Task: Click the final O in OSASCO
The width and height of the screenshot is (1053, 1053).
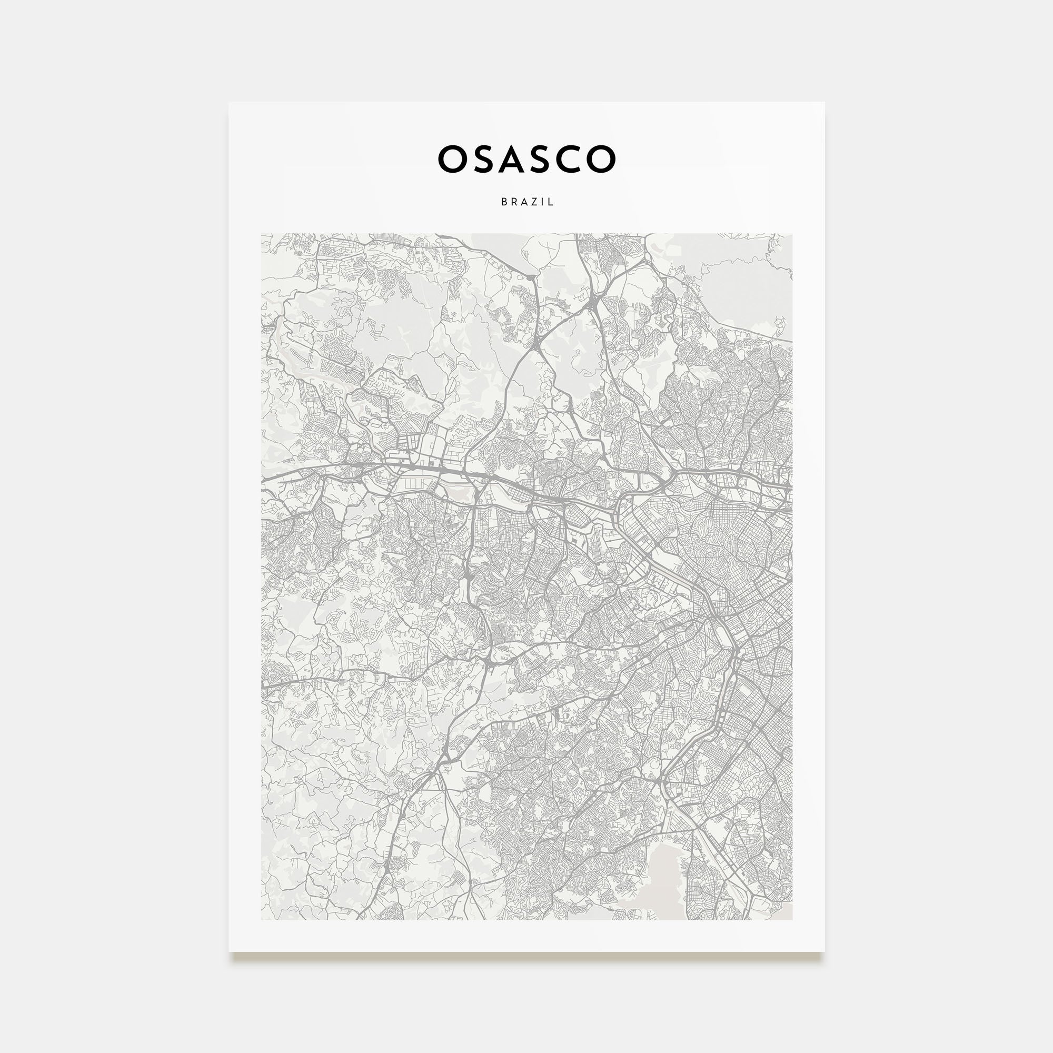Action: (601, 159)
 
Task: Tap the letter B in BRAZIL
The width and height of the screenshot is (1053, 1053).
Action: (504, 202)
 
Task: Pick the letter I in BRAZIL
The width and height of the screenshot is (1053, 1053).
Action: (543, 202)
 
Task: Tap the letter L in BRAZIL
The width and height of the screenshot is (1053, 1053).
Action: (551, 202)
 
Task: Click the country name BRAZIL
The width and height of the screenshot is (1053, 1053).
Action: (527, 202)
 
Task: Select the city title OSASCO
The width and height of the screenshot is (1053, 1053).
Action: (526, 159)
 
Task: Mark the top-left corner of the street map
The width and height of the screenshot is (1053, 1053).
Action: (262, 234)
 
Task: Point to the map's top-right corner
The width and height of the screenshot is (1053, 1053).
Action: (792, 234)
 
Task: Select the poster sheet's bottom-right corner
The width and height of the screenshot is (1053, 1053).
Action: (823, 951)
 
